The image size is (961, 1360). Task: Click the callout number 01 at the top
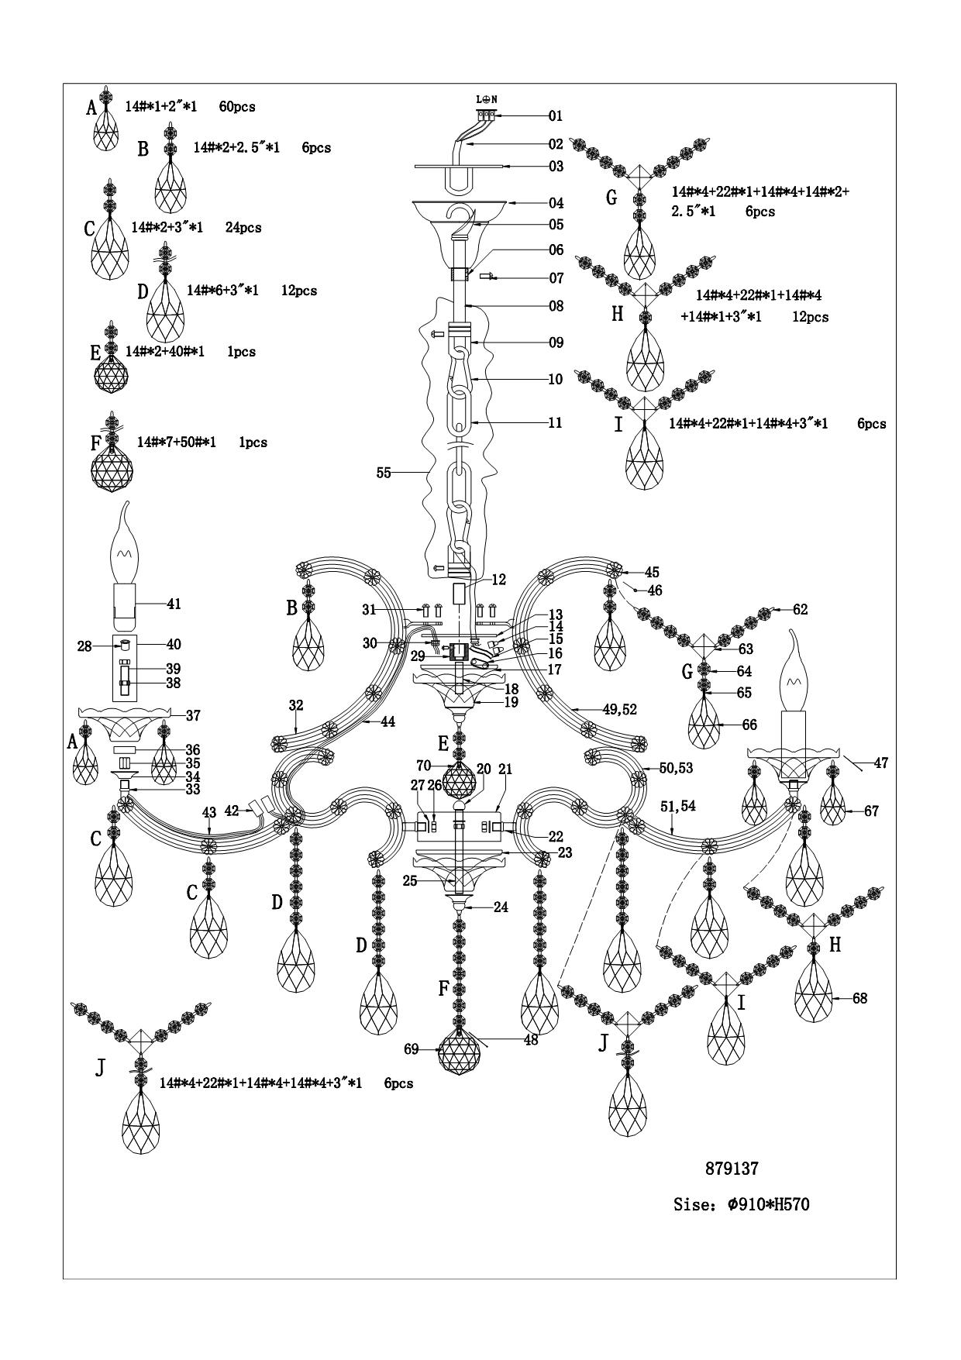(555, 116)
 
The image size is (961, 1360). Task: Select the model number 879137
(731, 1168)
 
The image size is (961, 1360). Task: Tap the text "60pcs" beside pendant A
(237, 107)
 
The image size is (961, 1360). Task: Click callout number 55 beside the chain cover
(384, 473)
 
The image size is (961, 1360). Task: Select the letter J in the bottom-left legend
(99, 1068)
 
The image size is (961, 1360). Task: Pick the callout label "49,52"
(620, 709)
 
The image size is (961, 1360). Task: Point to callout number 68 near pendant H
(859, 998)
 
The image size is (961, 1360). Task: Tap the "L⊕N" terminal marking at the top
(486, 99)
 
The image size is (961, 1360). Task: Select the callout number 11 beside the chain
(555, 423)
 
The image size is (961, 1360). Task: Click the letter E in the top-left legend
(95, 353)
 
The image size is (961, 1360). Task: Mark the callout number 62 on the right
(800, 610)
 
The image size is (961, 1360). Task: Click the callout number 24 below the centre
(501, 907)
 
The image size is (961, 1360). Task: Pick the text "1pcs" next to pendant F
(253, 442)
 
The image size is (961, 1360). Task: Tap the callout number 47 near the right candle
(880, 763)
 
